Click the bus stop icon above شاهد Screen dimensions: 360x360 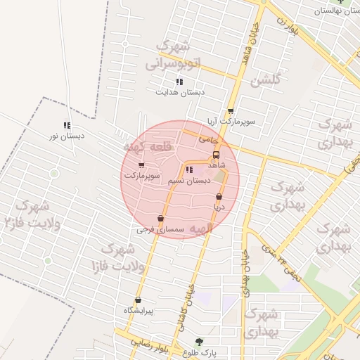pyautogui.click(x=216, y=154)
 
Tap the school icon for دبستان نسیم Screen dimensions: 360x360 pyautogui.click(x=188, y=169)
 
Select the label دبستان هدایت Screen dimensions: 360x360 pyautogui.click(x=180, y=92)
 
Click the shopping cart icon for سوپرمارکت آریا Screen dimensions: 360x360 pyautogui.click(x=231, y=111)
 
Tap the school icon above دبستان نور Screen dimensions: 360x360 pyautogui.click(x=67, y=125)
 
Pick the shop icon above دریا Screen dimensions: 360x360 pyautogui.click(x=219, y=196)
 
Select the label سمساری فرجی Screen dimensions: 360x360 pyautogui.click(x=161, y=230)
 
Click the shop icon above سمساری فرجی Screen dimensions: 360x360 pyautogui.click(x=161, y=219)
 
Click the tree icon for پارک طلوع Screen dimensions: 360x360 pyautogui.click(x=199, y=342)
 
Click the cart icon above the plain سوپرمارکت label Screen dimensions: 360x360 pyautogui.click(x=141, y=165)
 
